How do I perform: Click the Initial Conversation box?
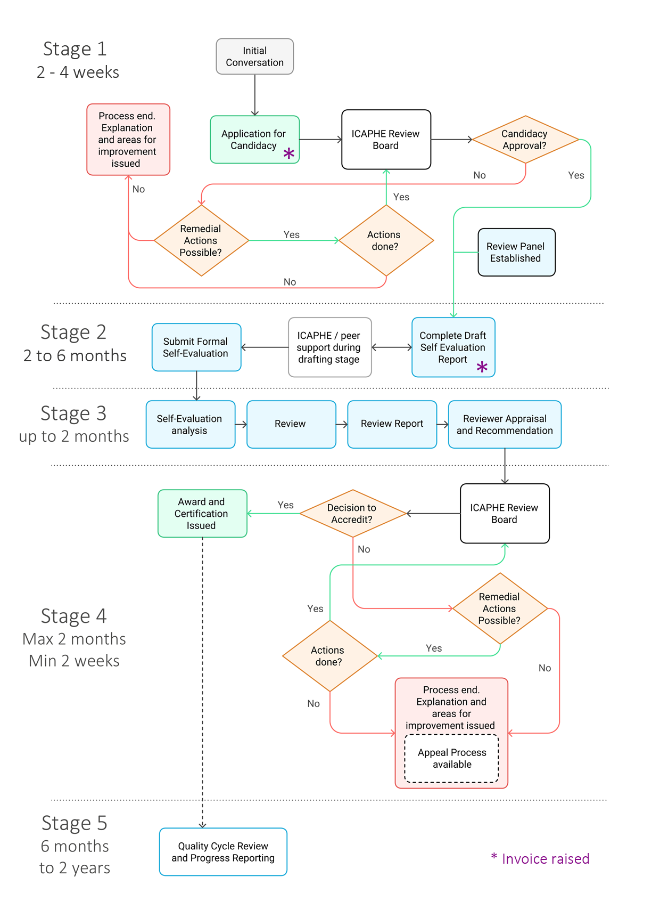[254, 56]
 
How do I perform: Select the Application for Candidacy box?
[254, 140]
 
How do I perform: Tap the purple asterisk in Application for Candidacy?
[288, 154]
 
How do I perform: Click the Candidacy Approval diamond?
[525, 140]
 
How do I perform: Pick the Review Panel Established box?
[516, 253]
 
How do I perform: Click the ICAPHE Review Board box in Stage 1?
[386, 140]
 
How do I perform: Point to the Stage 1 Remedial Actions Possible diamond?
[201, 241]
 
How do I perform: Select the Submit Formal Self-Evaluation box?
[196, 347]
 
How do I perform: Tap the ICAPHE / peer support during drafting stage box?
[329, 347]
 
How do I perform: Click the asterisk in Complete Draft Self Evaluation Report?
[482, 367]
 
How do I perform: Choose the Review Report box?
[392, 424]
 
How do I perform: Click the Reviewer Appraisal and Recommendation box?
[505, 425]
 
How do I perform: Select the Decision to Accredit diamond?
[352, 514]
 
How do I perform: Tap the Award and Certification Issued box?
[202, 514]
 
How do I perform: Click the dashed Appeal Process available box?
[451, 759]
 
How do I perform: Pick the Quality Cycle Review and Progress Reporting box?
[223, 852]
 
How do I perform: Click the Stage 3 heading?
[73, 413]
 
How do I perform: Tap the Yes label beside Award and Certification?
[285, 505]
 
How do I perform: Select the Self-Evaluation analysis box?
[190, 425]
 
